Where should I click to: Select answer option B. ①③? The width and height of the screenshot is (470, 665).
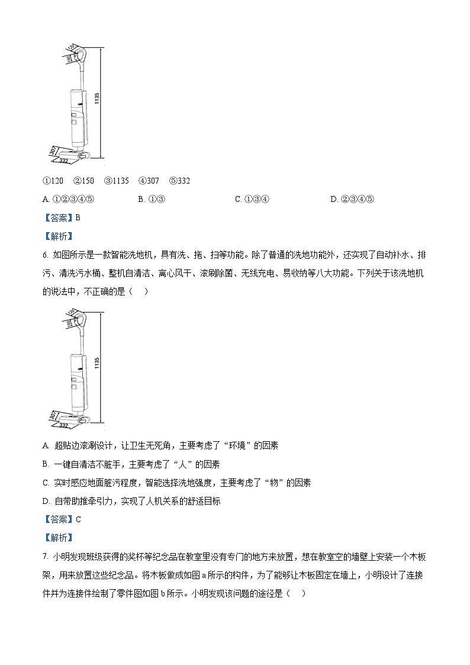point(152,199)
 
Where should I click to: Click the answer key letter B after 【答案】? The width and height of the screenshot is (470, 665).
point(78,217)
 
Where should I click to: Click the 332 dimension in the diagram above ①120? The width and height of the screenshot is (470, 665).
point(64,160)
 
